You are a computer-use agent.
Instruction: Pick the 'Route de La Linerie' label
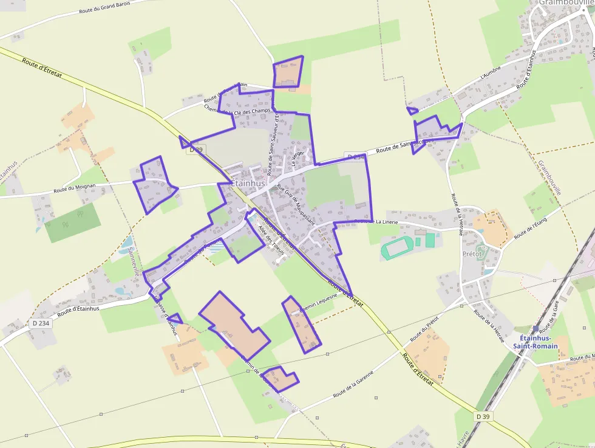tap(376, 222)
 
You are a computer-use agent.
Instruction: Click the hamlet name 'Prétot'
tap(472, 253)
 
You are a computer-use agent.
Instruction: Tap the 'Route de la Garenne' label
tap(352, 387)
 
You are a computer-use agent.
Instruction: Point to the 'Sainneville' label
tap(135, 261)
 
